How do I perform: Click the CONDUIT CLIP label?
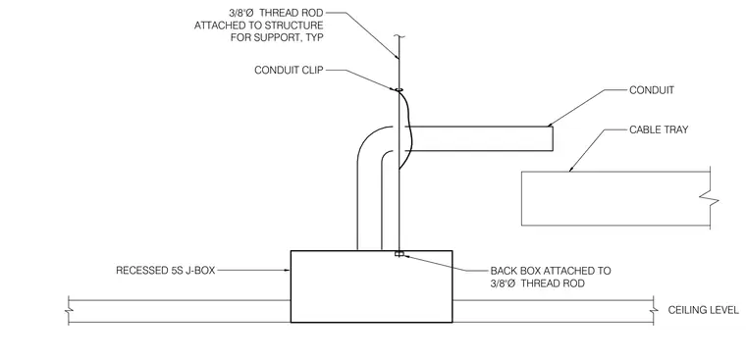tap(289, 70)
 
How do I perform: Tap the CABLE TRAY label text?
tap(659, 129)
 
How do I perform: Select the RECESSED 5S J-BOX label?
tap(166, 271)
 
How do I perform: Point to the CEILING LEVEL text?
tap(703, 310)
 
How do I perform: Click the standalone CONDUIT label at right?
tap(652, 90)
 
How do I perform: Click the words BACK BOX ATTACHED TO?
tap(551, 271)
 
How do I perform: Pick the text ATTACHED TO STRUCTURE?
tap(258, 26)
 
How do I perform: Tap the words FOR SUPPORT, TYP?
tap(277, 37)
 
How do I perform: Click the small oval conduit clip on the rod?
tap(399, 89)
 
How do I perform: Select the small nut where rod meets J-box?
tap(400, 254)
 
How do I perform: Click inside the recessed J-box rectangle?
tap(372, 286)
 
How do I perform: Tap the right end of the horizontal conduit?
tap(553, 138)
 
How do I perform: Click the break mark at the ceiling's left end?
tap(69, 311)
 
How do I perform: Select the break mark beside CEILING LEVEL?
tap(654, 311)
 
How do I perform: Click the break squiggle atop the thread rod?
tap(399, 36)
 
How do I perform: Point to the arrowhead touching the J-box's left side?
tap(288, 271)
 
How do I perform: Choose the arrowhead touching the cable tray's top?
tap(571, 169)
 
